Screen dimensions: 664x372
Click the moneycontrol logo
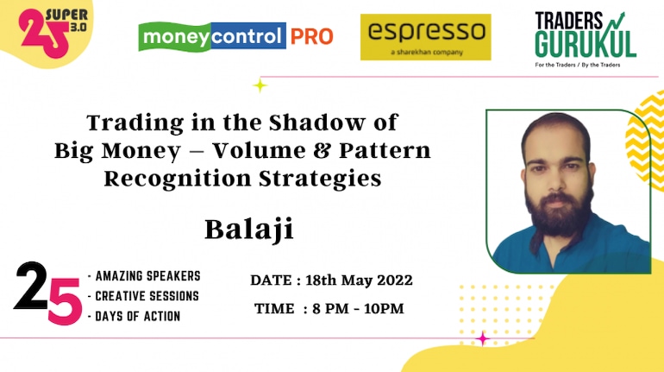212,36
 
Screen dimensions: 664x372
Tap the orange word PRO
311,37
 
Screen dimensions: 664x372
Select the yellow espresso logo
426,37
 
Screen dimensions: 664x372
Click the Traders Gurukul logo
586,39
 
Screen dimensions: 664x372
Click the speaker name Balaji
249,230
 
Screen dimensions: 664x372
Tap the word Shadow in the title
316,123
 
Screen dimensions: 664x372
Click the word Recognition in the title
178,180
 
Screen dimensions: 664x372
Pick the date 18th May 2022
359,280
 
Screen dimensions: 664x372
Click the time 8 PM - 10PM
358,308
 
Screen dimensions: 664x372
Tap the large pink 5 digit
65,302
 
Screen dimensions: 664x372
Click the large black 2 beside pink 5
31,286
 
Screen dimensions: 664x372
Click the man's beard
558,211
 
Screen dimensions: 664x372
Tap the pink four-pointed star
482,338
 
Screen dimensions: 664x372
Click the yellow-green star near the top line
260,85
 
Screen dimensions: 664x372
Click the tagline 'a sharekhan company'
427,53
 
